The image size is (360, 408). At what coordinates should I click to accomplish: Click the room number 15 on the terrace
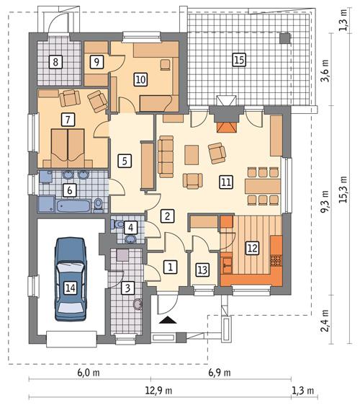239,60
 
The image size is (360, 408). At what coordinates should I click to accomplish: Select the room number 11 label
226,182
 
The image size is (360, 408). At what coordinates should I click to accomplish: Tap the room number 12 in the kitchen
251,247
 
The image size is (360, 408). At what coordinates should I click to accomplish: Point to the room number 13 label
202,270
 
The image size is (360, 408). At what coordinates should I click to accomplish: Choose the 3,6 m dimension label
325,75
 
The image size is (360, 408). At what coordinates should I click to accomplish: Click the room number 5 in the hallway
125,160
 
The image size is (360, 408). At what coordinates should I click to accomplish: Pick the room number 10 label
140,80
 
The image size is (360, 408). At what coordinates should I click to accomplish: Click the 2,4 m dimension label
325,319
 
